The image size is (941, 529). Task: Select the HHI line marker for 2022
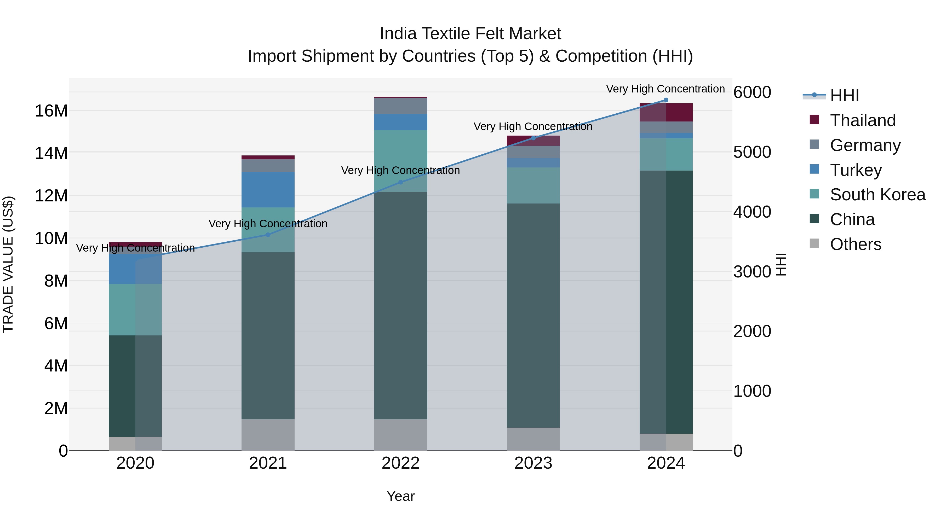pyautogui.click(x=400, y=182)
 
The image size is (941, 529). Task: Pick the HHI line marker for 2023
pyautogui.click(x=533, y=138)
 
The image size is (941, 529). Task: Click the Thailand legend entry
pyautogui.click(x=863, y=120)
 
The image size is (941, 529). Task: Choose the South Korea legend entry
pyautogui.click(x=877, y=195)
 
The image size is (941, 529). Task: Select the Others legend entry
pyautogui.click(x=856, y=244)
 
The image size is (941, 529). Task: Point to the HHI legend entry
pyautogui.click(x=844, y=96)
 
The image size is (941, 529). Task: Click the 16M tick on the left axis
pyautogui.click(x=51, y=111)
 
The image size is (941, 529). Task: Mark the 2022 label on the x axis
pyautogui.click(x=400, y=463)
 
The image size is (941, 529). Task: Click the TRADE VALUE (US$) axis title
pyautogui.click(x=8, y=264)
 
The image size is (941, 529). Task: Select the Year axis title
pyautogui.click(x=400, y=496)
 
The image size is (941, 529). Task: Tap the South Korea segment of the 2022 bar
pyautogui.click(x=400, y=161)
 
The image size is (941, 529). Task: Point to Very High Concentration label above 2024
pyautogui.click(x=665, y=89)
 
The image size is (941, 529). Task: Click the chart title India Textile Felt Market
pyautogui.click(x=470, y=34)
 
